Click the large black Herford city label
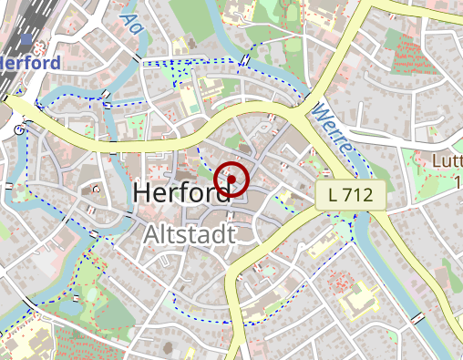181,193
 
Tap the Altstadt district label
190,235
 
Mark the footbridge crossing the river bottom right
417,317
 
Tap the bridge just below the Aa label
136,58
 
